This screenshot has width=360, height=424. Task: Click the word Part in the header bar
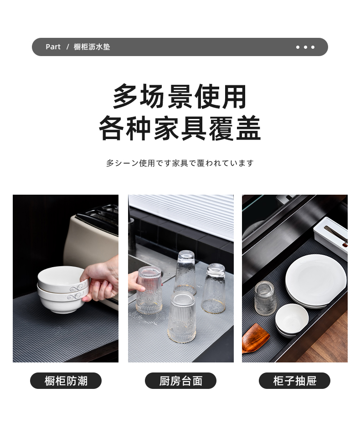(x=53, y=47)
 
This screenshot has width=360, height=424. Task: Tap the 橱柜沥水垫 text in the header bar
(x=92, y=47)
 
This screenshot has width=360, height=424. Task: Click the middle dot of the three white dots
(x=305, y=47)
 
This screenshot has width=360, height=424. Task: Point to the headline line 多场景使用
(x=180, y=97)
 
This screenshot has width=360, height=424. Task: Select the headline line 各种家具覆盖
(x=180, y=128)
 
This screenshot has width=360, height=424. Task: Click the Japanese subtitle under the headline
(x=180, y=163)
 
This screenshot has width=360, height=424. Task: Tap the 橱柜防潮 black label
(x=66, y=381)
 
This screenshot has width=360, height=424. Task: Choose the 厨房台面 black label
(x=180, y=381)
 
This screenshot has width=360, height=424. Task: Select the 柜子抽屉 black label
(x=294, y=381)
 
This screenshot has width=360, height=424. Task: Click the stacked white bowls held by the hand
(x=63, y=290)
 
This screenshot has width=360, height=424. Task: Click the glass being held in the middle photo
(x=149, y=290)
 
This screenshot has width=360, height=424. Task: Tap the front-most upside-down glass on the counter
(x=181, y=316)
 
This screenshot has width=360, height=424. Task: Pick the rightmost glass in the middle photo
(x=214, y=288)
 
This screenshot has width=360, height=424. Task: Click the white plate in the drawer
(x=316, y=280)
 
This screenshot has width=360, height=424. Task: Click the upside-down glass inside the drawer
(x=265, y=298)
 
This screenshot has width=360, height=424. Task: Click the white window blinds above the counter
(x=181, y=215)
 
